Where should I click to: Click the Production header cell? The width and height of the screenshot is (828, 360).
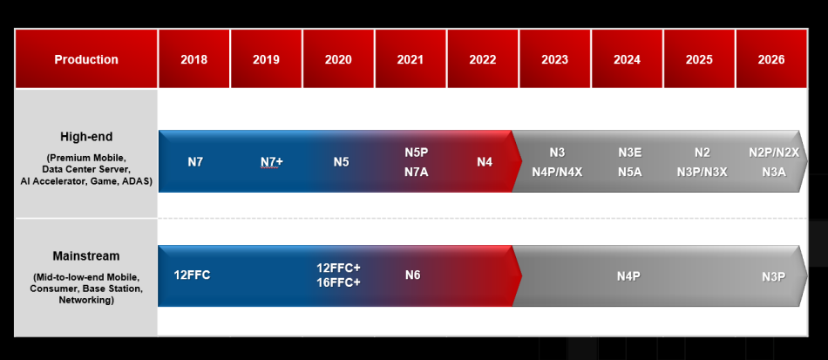tap(86, 58)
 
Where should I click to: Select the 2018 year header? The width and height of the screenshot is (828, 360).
tap(193, 58)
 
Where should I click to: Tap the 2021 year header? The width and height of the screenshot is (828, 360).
tap(411, 58)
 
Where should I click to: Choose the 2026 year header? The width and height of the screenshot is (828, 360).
tap(771, 58)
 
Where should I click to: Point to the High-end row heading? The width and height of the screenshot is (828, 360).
tap(86, 137)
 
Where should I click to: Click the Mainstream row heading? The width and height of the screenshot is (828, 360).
tap(86, 256)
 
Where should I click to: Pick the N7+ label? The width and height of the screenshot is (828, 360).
tap(272, 161)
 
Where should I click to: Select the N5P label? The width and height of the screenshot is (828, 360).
tap(417, 153)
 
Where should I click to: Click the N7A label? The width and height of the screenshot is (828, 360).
tap(417, 171)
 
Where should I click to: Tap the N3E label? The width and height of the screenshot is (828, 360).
tap(630, 153)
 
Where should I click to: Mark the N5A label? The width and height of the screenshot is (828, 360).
tap(630, 171)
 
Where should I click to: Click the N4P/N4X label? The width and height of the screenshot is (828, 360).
tap(557, 171)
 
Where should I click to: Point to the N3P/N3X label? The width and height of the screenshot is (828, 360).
tap(702, 171)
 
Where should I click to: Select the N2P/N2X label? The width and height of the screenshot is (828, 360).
tap(774, 153)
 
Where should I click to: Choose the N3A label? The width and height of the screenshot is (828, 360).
tap(774, 171)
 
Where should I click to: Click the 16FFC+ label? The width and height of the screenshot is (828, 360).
tap(338, 282)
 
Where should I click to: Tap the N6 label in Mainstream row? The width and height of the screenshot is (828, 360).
tap(412, 275)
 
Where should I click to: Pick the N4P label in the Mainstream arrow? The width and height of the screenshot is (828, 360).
tap(628, 275)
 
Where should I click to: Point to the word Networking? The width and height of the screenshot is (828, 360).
tap(86, 300)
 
